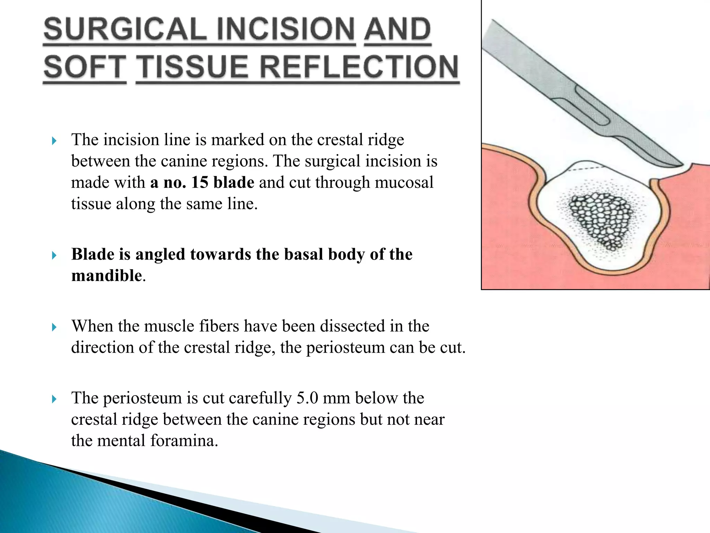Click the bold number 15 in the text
[x=199, y=182]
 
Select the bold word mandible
[x=107, y=276]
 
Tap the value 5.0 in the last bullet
[x=307, y=398]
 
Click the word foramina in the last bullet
[x=184, y=441]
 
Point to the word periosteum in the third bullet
[x=345, y=347]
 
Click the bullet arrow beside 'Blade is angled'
[x=54, y=256]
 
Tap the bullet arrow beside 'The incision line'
[x=54, y=141]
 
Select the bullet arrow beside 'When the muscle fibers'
[x=54, y=327]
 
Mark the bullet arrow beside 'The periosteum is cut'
[x=54, y=399]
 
